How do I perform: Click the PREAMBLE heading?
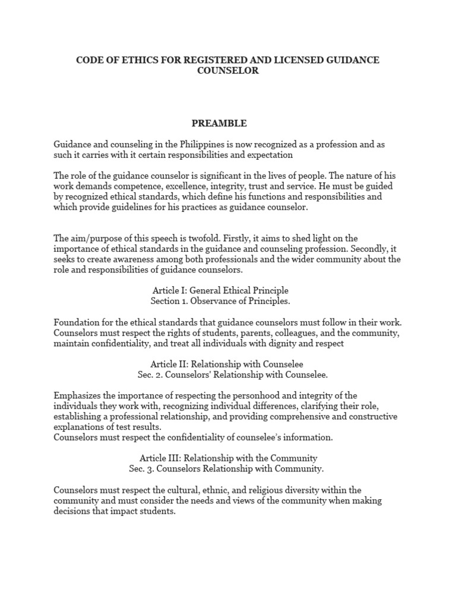(218, 123)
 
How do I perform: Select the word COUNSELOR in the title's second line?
(227, 71)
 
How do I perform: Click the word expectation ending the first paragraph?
(264, 155)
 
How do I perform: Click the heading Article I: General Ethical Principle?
(220, 290)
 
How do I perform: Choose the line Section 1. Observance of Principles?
(220, 301)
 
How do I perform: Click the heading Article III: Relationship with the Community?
(228, 458)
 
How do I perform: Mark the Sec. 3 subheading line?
(226, 468)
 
